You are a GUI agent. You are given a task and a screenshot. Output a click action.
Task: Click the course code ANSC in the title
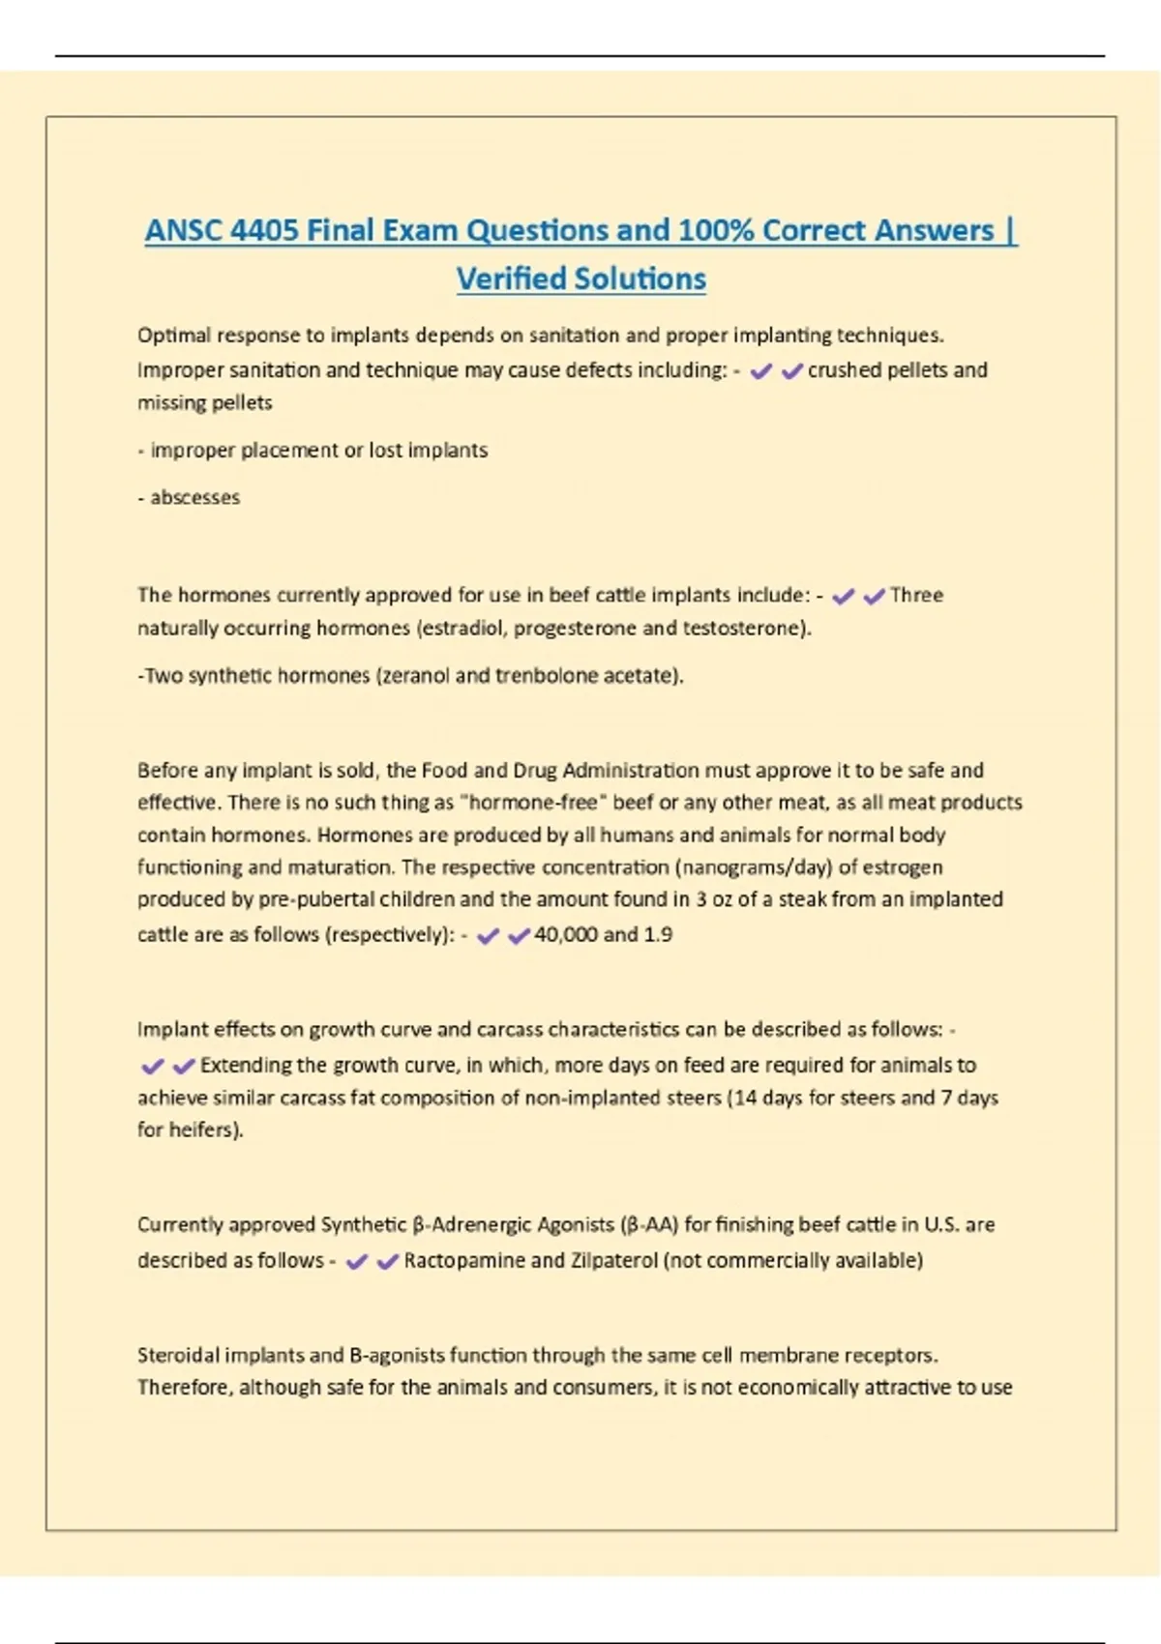(183, 230)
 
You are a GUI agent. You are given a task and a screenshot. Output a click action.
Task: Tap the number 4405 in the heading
(264, 230)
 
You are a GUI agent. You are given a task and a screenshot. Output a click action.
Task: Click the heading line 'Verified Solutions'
(580, 279)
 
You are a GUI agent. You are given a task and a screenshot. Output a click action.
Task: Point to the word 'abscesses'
(194, 498)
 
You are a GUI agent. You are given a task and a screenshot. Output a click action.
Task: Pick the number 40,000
(566, 935)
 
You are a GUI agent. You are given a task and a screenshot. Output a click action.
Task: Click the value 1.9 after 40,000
(658, 935)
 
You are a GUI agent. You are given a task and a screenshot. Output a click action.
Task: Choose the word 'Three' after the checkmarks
(916, 596)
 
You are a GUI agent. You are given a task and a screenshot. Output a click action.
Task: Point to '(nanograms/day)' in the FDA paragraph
(756, 867)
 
